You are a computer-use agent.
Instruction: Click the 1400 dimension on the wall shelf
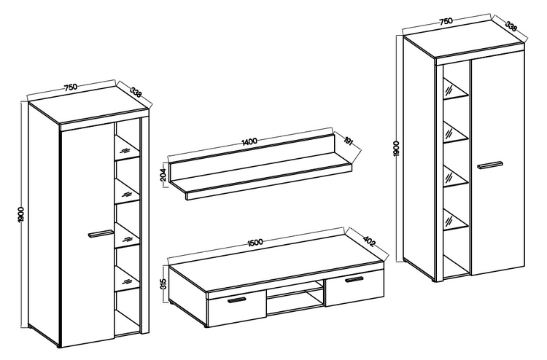(249, 141)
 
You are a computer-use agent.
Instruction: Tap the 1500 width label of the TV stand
(255, 242)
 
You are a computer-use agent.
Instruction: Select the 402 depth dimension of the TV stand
(370, 241)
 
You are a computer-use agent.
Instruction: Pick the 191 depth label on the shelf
(348, 140)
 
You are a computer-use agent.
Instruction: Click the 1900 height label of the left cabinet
(20, 215)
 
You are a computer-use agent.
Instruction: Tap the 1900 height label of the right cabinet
(396, 149)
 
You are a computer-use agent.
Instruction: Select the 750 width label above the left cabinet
(71, 87)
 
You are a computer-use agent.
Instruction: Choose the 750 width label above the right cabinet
(446, 21)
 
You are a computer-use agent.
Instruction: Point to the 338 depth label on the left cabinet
(136, 93)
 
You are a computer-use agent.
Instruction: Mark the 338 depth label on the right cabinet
(511, 26)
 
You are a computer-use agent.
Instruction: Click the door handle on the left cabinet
(100, 234)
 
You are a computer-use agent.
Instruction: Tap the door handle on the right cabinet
(490, 165)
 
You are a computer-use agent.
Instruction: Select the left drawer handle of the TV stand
(237, 300)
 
